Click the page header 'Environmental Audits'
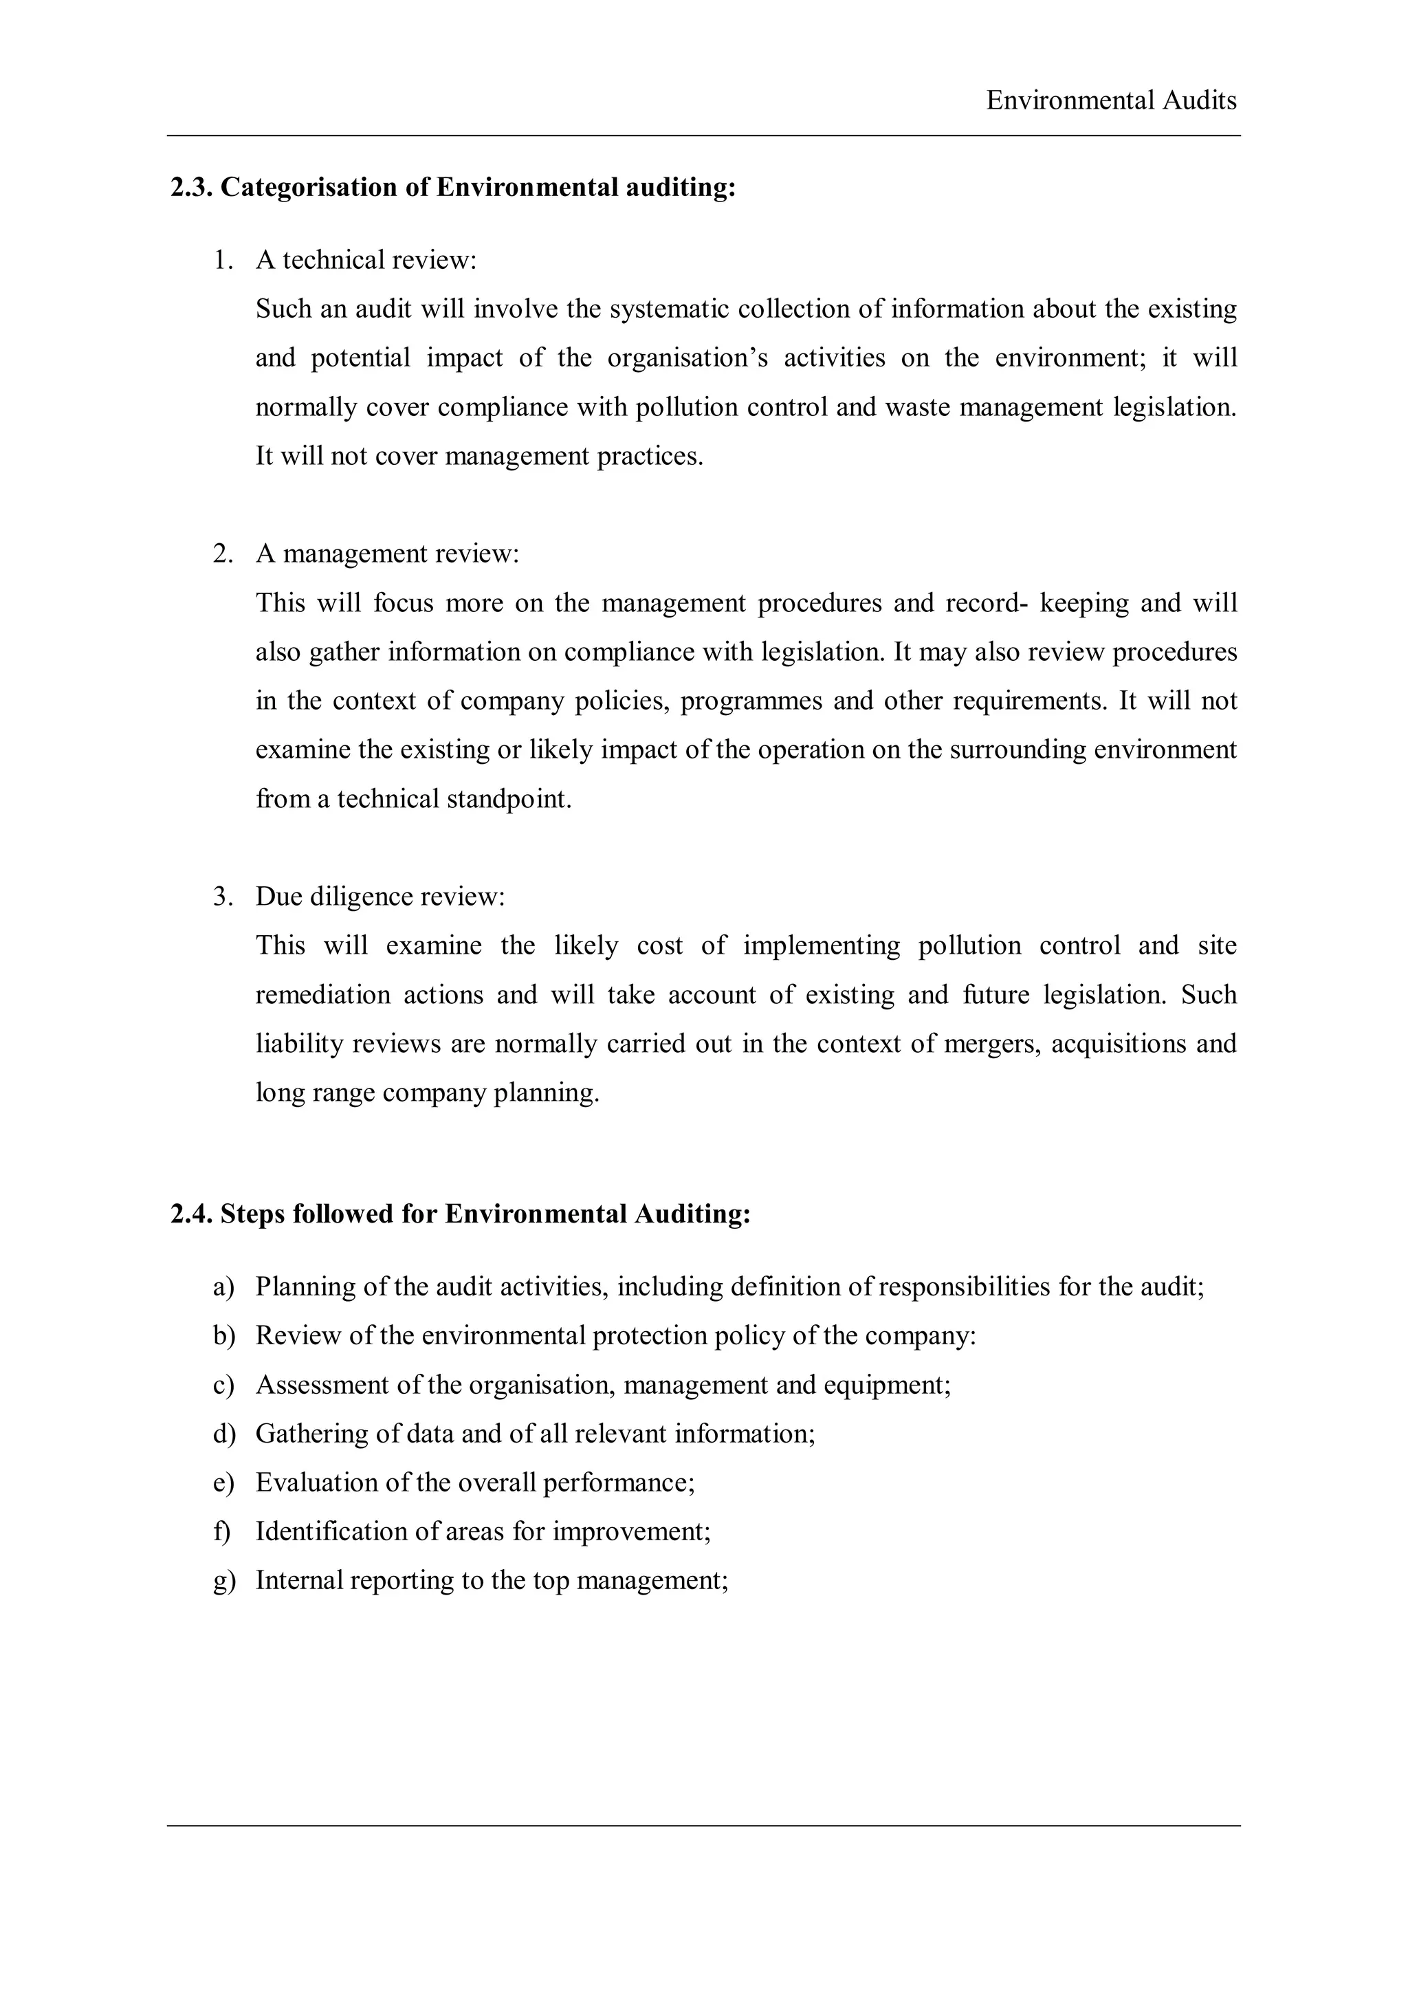click(1110, 100)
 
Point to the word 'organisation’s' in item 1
click(687, 358)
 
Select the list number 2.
click(222, 554)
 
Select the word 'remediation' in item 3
click(320, 994)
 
